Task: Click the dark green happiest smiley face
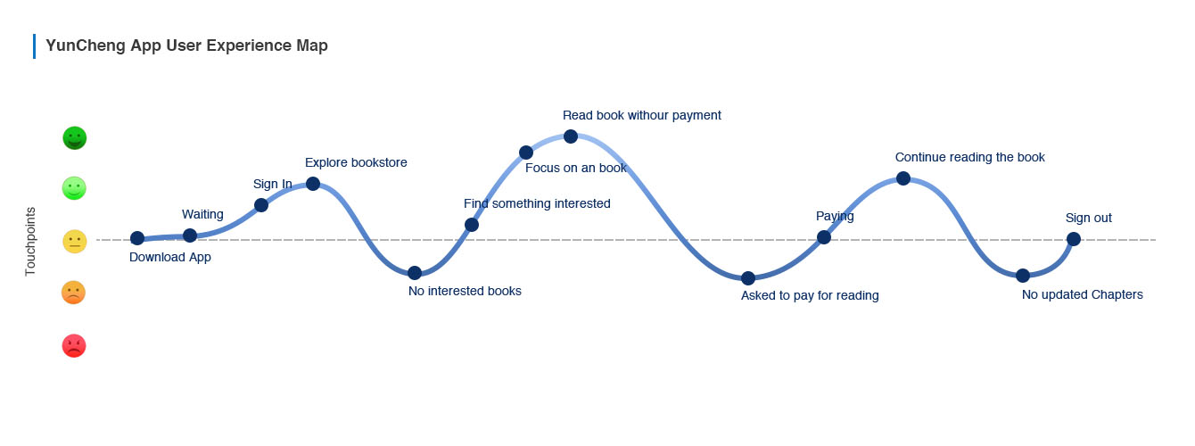point(75,138)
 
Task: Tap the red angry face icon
point(74,346)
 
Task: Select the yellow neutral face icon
point(75,242)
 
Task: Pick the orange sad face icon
point(74,293)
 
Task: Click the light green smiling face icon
point(74,188)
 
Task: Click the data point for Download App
point(137,238)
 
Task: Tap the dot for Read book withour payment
point(570,136)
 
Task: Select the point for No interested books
point(415,273)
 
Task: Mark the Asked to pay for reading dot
point(748,278)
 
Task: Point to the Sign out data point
point(1074,239)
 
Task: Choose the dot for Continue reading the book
point(903,178)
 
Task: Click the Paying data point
point(824,237)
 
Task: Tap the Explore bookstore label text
point(356,162)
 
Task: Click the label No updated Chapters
point(1082,294)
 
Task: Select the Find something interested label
point(537,203)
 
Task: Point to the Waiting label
point(202,214)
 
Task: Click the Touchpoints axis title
point(30,241)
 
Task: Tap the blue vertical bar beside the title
point(34,46)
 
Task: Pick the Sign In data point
point(261,205)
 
